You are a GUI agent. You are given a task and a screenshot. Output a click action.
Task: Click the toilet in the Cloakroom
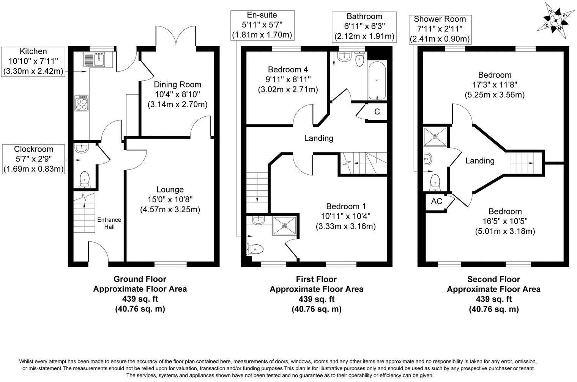click(x=84, y=179)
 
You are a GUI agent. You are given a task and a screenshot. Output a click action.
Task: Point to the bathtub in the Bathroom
click(x=377, y=80)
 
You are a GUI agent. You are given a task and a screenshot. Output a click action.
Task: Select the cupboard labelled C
click(x=377, y=112)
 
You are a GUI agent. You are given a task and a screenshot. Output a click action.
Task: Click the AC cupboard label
click(x=437, y=201)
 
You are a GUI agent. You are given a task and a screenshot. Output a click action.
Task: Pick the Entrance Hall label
click(x=109, y=223)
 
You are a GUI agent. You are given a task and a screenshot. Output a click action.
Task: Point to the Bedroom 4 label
click(x=288, y=69)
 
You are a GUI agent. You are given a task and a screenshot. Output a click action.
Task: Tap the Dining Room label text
click(x=177, y=85)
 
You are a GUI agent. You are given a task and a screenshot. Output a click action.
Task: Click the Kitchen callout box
click(x=33, y=61)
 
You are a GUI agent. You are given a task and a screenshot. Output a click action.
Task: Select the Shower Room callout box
click(x=440, y=29)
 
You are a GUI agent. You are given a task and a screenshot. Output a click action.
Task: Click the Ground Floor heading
click(x=140, y=279)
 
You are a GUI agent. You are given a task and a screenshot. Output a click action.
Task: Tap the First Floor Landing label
click(x=318, y=138)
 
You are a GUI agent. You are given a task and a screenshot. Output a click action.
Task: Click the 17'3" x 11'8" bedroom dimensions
click(x=495, y=85)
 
